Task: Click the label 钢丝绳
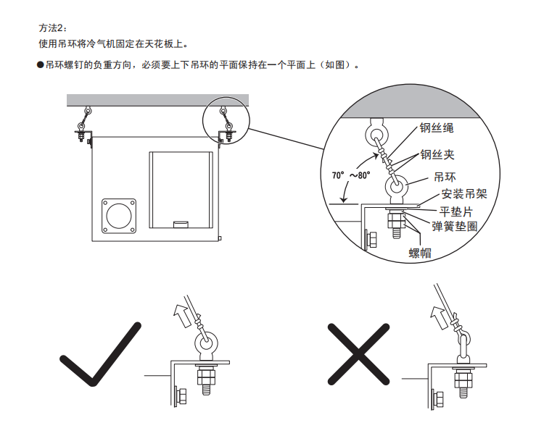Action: click(x=436, y=128)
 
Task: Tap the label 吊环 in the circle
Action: click(x=445, y=177)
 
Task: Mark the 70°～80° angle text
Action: click(x=351, y=175)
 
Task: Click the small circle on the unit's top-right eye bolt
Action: click(x=226, y=114)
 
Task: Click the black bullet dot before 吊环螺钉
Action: click(x=41, y=65)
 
